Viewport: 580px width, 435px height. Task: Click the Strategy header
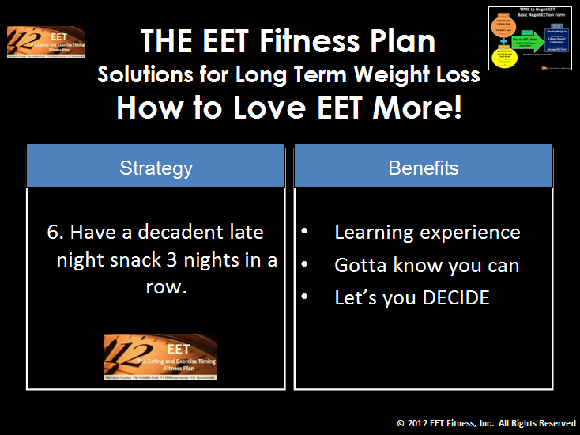point(156,168)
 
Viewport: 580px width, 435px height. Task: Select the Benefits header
point(423,168)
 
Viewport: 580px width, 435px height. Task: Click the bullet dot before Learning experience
point(304,233)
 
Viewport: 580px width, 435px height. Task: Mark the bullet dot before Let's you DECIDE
point(304,298)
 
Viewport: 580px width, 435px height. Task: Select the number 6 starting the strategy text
point(54,233)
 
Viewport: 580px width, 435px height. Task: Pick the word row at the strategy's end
point(164,287)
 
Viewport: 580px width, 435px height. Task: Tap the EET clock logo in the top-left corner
point(46,42)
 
